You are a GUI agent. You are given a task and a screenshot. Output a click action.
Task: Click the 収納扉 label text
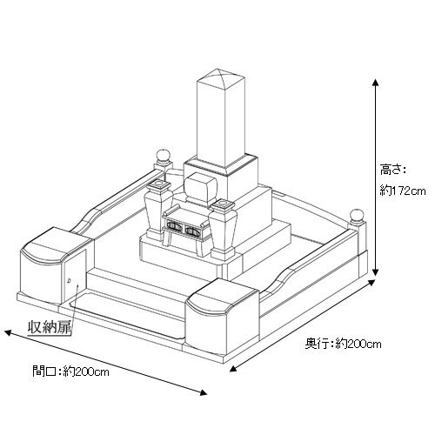click(50, 327)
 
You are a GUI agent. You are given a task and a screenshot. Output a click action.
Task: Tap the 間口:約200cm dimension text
click(71, 371)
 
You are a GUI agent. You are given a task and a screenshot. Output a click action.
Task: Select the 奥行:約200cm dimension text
click(343, 345)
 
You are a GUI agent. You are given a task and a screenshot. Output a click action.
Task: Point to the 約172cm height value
click(403, 191)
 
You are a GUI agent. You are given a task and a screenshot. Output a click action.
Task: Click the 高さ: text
click(392, 170)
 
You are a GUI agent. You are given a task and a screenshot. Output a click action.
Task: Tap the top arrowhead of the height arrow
click(376, 82)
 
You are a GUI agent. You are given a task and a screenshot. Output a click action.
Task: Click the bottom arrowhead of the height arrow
click(376, 272)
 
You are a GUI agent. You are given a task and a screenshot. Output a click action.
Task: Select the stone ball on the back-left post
click(163, 156)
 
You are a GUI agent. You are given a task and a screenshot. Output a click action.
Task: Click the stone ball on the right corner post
click(357, 216)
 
